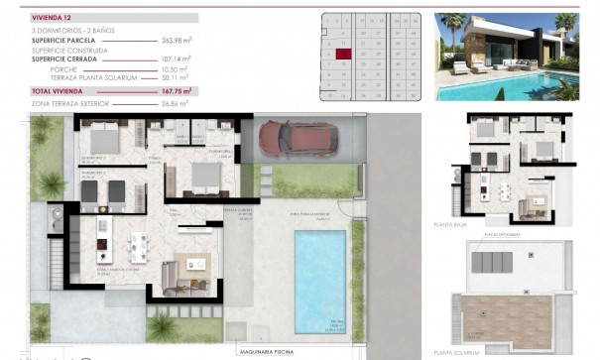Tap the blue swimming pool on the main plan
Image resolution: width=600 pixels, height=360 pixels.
(x=320, y=282)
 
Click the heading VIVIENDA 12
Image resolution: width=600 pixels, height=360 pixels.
(x=53, y=17)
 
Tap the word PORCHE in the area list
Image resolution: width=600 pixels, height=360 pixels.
(x=90, y=69)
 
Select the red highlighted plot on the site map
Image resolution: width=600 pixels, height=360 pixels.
(x=344, y=56)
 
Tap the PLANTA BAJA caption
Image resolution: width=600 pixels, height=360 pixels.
(x=461, y=225)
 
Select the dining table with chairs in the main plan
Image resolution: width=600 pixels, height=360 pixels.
(x=137, y=244)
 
